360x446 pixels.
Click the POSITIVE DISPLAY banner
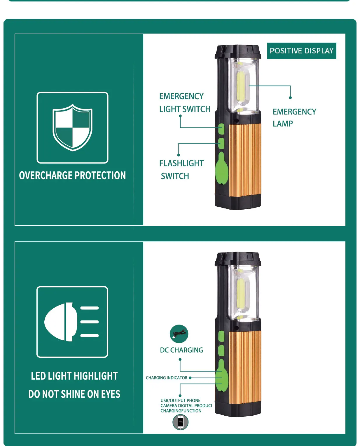coord(302,51)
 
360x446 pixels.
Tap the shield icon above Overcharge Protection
coord(72,128)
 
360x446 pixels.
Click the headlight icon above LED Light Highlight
coord(71,322)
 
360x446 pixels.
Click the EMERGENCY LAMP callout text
coord(294,118)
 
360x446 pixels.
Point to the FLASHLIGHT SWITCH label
coord(181,170)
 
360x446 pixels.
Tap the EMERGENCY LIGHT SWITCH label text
coord(185,103)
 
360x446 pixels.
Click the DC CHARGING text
coord(181,350)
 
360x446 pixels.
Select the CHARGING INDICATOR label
coord(166,378)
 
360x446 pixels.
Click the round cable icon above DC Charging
coord(179,334)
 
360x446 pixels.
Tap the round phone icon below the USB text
coord(180,422)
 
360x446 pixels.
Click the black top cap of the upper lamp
coord(238,51)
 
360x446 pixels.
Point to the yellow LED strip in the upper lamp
coord(241,86)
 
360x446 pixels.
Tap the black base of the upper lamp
coord(238,202)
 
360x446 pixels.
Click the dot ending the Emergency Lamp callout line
coord(290,97)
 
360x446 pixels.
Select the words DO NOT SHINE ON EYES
coord(74,394)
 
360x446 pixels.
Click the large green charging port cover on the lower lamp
coord(222,375)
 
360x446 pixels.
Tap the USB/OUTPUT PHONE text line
coord(180,400)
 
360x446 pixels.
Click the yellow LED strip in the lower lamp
coord(241,294)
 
